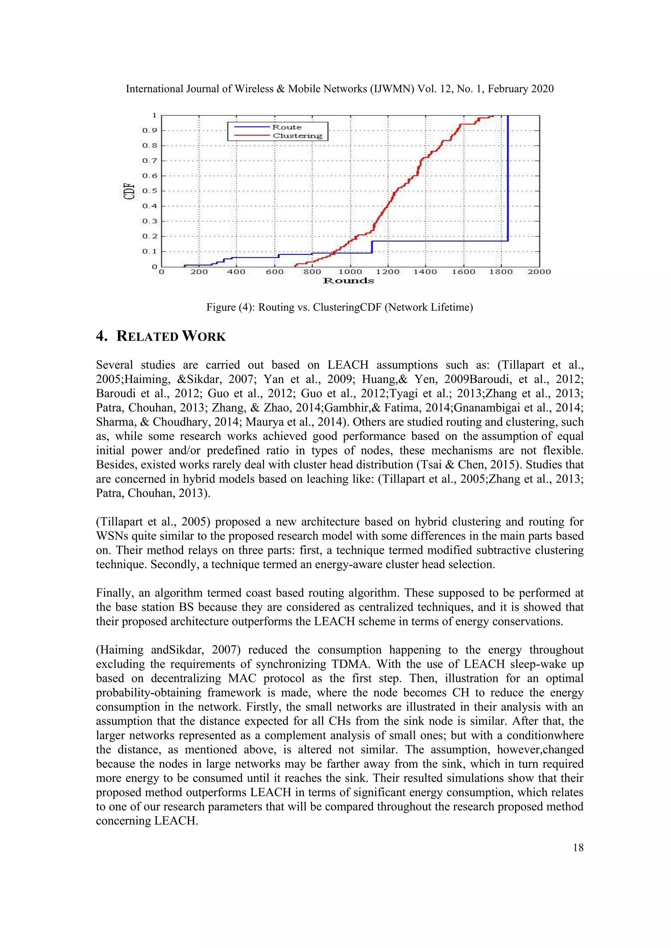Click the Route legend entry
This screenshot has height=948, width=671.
(287, 127)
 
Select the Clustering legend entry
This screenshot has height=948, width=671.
(297, 136)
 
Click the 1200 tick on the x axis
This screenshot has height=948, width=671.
(388, 272)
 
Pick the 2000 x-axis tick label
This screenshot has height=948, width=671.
(539, 272)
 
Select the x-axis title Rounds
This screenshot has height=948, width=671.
(348, 281)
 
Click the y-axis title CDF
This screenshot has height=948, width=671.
(129, 191)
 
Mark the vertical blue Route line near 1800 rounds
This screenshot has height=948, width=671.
(508, 177)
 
